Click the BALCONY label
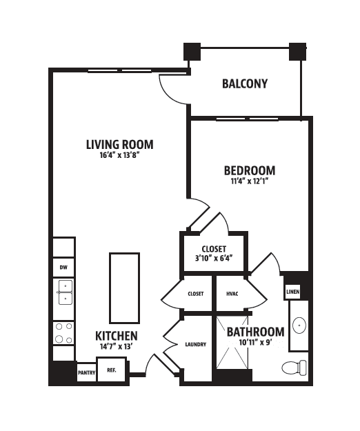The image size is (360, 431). [245, 84]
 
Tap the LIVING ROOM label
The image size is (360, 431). [120, 145]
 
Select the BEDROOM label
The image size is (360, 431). [250, 170]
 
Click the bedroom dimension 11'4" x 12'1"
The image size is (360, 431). [250, 181]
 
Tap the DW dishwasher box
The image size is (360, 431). [63, 267]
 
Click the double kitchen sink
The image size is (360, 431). [66, 292]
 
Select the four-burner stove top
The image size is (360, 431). [63, 333]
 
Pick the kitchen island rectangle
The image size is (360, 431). [125, 288]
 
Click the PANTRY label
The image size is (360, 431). [87, 372]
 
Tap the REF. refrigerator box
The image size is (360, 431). [112, 370]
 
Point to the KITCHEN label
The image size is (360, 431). [117, 336]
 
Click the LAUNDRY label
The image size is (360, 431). [195, 344]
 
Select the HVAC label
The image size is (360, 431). [232, 294]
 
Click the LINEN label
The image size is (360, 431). [292, 292]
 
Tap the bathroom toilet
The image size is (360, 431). [294, 368]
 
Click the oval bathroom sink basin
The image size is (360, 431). [299, 325]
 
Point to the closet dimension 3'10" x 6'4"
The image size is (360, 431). [214, 259]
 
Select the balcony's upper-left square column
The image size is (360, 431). [192, 52]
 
